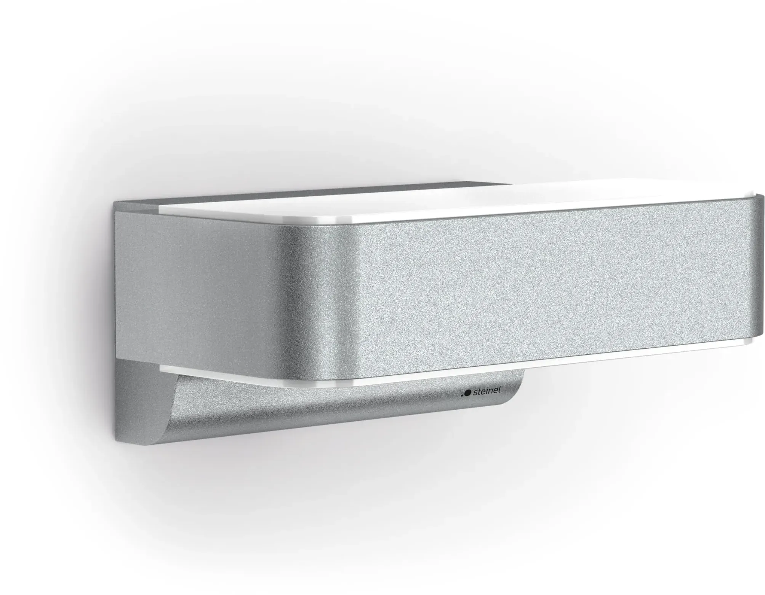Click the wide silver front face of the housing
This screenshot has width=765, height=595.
(x=533, y=289)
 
